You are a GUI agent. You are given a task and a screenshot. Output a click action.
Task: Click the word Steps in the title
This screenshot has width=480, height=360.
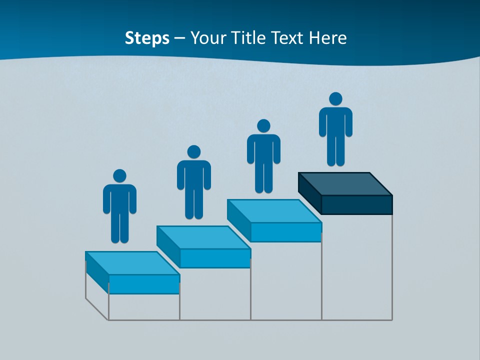(x=147, y=38)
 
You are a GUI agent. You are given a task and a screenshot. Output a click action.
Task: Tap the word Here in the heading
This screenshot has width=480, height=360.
(x=328, y=38)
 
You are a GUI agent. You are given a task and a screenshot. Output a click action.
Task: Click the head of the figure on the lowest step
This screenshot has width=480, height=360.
(x=119, y=175)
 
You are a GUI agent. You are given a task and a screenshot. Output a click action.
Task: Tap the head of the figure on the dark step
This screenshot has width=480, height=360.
(x=335, y=99)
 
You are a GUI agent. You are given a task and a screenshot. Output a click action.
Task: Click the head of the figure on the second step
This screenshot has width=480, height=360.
(x=193, y=152)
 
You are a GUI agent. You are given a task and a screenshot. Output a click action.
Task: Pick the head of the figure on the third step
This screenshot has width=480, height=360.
(x=263, y=126)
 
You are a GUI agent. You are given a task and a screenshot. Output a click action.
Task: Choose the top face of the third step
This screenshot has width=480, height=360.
(x=274, y=211)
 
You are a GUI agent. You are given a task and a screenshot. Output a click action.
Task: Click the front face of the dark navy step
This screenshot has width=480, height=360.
(x=356, y=204)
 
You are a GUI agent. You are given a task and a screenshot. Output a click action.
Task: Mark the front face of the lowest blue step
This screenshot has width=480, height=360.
(x=144, y=284)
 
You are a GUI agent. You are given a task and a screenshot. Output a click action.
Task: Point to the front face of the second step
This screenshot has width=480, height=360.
(x=215, y=258)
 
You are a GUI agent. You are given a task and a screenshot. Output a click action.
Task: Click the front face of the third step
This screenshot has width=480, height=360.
(x=286, y=232)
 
